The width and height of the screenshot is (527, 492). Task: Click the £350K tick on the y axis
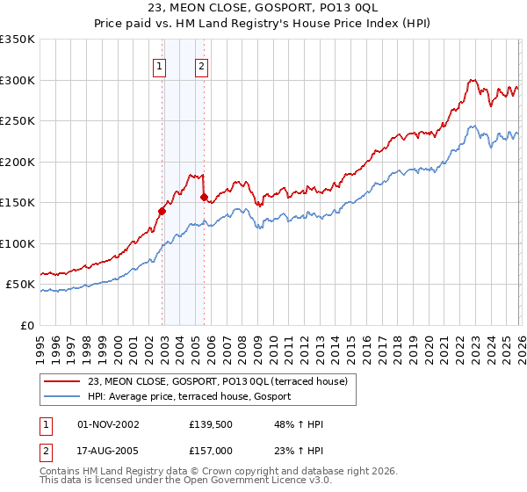(18, 40)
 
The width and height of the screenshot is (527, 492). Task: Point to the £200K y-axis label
(18, 162)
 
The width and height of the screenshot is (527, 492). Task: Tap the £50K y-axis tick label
(20, 285)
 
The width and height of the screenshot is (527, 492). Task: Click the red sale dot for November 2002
(162, 211)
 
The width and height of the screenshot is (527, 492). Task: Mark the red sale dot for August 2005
(204, 197)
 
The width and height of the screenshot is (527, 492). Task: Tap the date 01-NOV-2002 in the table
(109, 424)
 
